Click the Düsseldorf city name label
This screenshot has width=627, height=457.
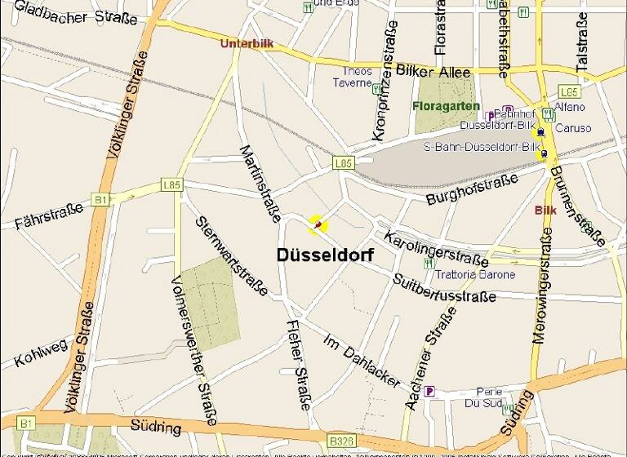tap(325, 255)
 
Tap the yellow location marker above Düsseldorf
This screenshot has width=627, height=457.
tap(317, 223)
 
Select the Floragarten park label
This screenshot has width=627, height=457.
tap(446, 106)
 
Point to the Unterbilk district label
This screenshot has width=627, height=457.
tap(246, 43)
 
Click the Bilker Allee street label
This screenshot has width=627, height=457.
tap(433, 73)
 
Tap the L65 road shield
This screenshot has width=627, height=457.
tap(569, 91)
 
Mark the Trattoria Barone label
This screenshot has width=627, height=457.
tap(476, 274)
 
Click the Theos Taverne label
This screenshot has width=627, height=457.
tap(357, 77)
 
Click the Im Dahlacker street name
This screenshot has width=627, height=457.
tap(362, 360)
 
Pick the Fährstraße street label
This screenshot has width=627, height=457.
tap(49, 216)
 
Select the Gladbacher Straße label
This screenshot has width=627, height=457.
tap(75, 12)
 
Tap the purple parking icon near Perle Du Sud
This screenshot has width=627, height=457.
tap(429, 391)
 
